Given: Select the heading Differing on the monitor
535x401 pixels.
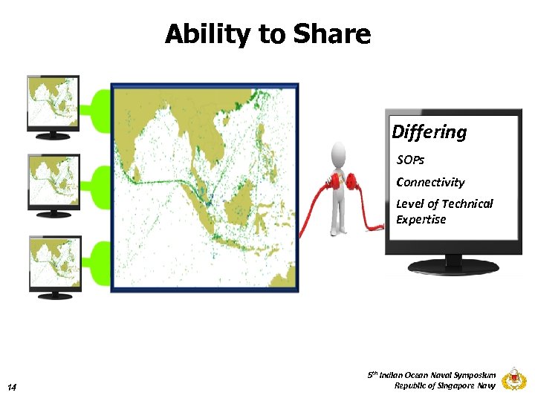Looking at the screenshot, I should (x=429, y=132).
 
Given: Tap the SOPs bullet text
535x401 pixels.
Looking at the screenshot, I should (x=411, y=160).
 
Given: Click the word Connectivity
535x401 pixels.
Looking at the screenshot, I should (x=430, y=182).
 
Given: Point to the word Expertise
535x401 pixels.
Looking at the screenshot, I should (x=421, y=220).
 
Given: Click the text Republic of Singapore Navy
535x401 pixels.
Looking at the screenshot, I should (x=444, y=385).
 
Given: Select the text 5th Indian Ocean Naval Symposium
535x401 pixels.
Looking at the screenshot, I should (x=432, y=376).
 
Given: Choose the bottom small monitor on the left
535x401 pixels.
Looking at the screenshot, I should (x=53, y=264).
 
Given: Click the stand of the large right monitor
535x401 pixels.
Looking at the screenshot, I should (x=453, y=264).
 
